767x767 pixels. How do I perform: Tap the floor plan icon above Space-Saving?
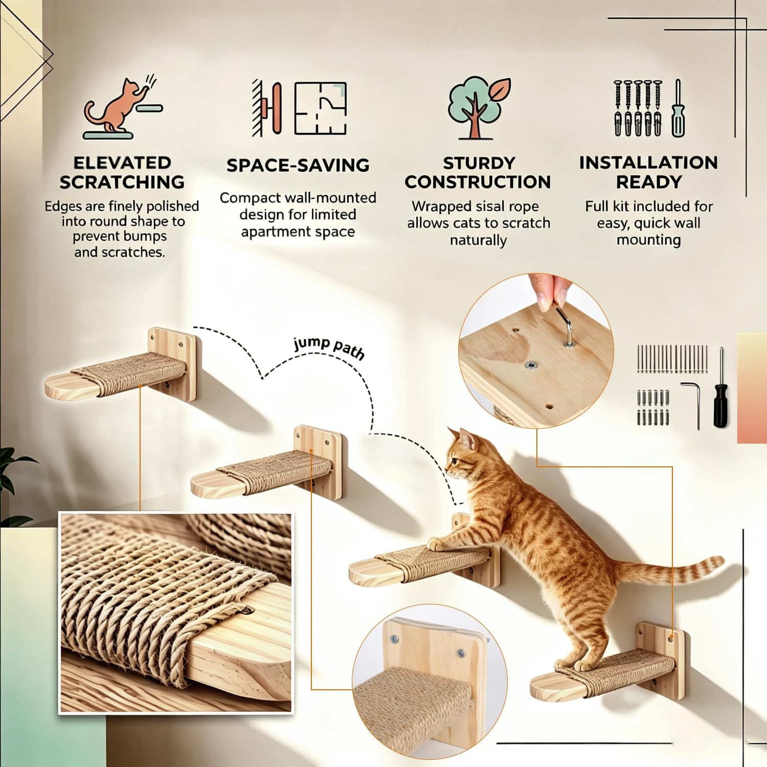(x=321, y=109)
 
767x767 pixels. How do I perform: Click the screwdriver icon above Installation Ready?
(x=678, y=108)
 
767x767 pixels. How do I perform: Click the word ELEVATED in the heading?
(x=122, y=163)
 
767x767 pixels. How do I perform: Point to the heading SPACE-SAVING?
(x=298, y=165)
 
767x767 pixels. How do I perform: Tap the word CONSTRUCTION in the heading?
(x=478, y=182)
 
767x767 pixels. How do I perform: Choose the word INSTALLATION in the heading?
(x=648, y=163)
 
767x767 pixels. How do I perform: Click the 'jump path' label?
(x=329, y=347)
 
